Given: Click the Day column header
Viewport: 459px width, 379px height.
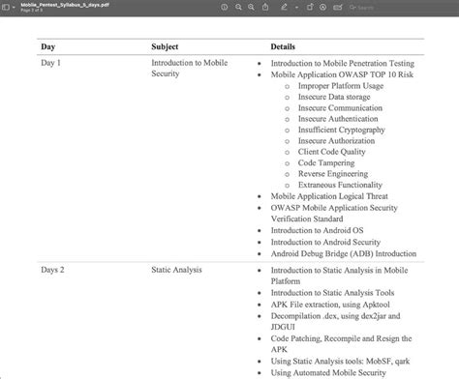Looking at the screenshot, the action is (x=47, y=46).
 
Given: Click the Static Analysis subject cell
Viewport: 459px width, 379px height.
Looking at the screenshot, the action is (x=176, y=271).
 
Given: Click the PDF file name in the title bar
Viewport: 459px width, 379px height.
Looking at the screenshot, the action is (x=58, y=4).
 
